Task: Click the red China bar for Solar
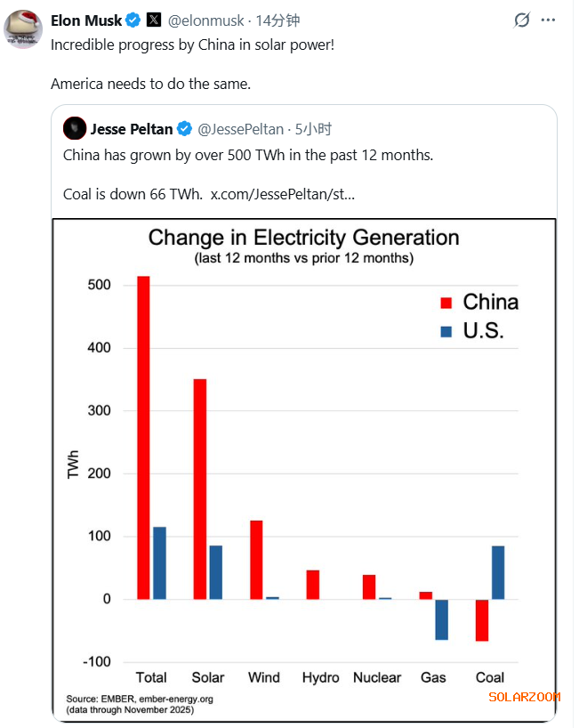199,489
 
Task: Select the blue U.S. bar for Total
159,562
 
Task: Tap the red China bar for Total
143,437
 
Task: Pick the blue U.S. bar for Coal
498,572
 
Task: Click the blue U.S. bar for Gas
441,619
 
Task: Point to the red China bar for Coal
482,620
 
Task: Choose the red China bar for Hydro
313,585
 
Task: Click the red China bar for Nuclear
369,586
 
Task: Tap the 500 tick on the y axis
99,286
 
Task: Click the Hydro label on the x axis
320,678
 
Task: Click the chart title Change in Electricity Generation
303,238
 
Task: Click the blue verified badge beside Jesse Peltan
185,130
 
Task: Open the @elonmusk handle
207,20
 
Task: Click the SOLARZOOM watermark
524,697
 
